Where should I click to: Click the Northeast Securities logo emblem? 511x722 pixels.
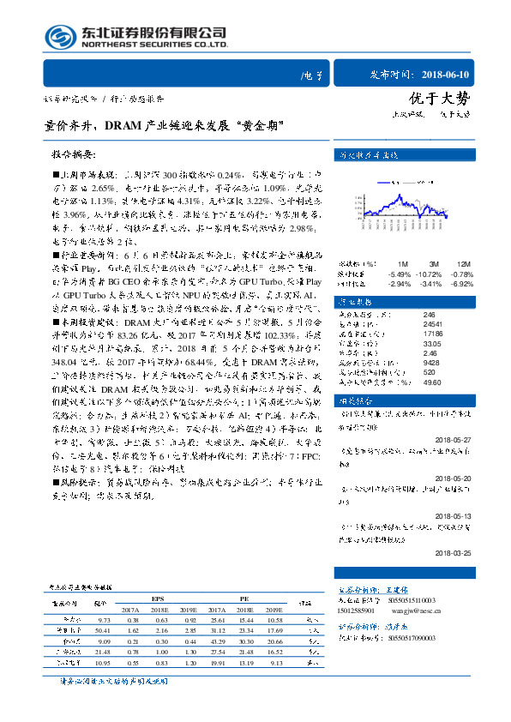[57, 36]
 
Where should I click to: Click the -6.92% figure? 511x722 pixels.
[461, 282]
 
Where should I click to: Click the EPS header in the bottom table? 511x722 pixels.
[157, 599]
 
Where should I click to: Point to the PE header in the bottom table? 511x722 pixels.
[244, 599]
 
